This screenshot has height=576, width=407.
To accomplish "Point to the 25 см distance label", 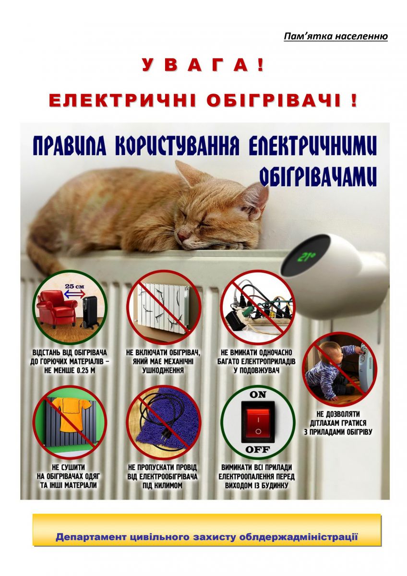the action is [74, 286].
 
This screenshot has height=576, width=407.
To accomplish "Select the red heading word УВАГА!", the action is [203, 65].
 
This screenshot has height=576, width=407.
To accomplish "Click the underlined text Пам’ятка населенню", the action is [336, 36].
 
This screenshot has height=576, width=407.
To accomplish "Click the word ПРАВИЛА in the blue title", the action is [70, 146].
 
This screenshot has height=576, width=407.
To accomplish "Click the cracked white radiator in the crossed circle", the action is [163, 307].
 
